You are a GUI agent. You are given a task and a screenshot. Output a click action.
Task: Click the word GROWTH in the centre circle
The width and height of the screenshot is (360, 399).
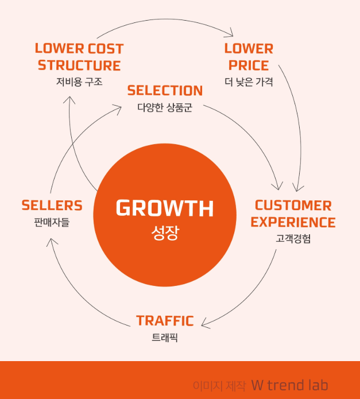(165, 208)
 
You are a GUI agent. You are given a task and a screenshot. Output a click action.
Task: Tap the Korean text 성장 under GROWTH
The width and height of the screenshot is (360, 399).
(165, 233)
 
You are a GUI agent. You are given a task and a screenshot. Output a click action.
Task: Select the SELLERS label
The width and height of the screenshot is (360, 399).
(52, 206)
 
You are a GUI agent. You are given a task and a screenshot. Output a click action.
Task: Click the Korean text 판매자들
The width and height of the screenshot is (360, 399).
(52, 222)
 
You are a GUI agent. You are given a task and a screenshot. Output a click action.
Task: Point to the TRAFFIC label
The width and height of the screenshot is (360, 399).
(165, 321)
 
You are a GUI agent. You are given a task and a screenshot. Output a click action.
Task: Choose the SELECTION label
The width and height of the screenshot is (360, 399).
(165, 91)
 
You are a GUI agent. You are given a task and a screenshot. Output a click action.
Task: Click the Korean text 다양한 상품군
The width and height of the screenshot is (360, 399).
(165, 107)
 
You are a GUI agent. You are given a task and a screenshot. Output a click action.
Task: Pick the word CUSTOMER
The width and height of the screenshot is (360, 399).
(293, 206)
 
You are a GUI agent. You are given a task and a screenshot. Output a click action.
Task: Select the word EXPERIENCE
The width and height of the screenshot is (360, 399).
(293, 222)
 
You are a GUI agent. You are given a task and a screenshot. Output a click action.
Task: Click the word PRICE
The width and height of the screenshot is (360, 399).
(249, 65)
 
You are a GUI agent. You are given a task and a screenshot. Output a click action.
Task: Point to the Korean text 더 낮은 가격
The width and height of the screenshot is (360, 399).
(249, 82)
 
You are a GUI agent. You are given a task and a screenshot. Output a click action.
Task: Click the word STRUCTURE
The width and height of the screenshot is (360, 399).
(79, 65)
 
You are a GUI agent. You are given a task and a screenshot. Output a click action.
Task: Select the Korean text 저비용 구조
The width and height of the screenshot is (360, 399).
(79, 82)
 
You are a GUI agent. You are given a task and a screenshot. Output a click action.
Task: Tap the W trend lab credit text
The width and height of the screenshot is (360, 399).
(289, 385)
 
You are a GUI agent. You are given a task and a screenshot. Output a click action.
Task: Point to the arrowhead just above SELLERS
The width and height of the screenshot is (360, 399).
(51, 240)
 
